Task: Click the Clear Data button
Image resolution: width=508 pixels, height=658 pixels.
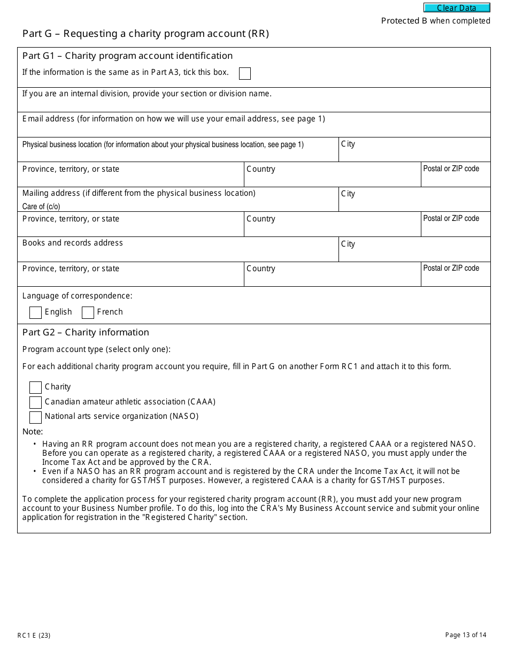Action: tap(457, 8)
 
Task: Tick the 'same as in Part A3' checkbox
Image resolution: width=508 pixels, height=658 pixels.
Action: tap(245, 74)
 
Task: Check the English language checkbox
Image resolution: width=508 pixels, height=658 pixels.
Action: tap(35, 312)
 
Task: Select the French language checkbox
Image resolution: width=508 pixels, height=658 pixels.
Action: tap(88, 312)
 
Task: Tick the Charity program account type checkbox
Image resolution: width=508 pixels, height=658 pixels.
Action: tap(35, 387)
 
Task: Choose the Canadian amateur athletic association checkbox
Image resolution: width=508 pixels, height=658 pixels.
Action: tap(35, 402)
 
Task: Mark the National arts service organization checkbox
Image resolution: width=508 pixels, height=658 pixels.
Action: tap(35, 417)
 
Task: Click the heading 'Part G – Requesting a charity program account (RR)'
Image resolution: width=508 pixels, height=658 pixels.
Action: tap(145, 34)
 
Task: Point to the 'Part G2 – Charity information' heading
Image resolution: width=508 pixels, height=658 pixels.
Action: tap(86, 332)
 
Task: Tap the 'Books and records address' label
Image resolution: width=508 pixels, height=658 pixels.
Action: tap(73, 243)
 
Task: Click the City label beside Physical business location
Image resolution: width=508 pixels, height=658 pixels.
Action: tap(348, 144)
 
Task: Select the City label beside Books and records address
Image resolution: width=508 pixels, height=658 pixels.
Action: tap(348, 244)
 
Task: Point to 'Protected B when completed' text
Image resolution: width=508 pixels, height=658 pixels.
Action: tap(435, 21)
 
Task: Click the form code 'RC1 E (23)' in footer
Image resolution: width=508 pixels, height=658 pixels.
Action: tap(34, 636)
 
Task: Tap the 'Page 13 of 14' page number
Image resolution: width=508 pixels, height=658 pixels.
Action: tap(466, 635)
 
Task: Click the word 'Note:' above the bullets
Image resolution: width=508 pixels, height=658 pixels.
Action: tap(33, 432)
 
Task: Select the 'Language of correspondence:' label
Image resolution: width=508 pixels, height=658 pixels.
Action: tap(77, 296)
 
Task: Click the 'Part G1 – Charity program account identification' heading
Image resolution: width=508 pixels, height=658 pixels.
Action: tap(127, 56)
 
